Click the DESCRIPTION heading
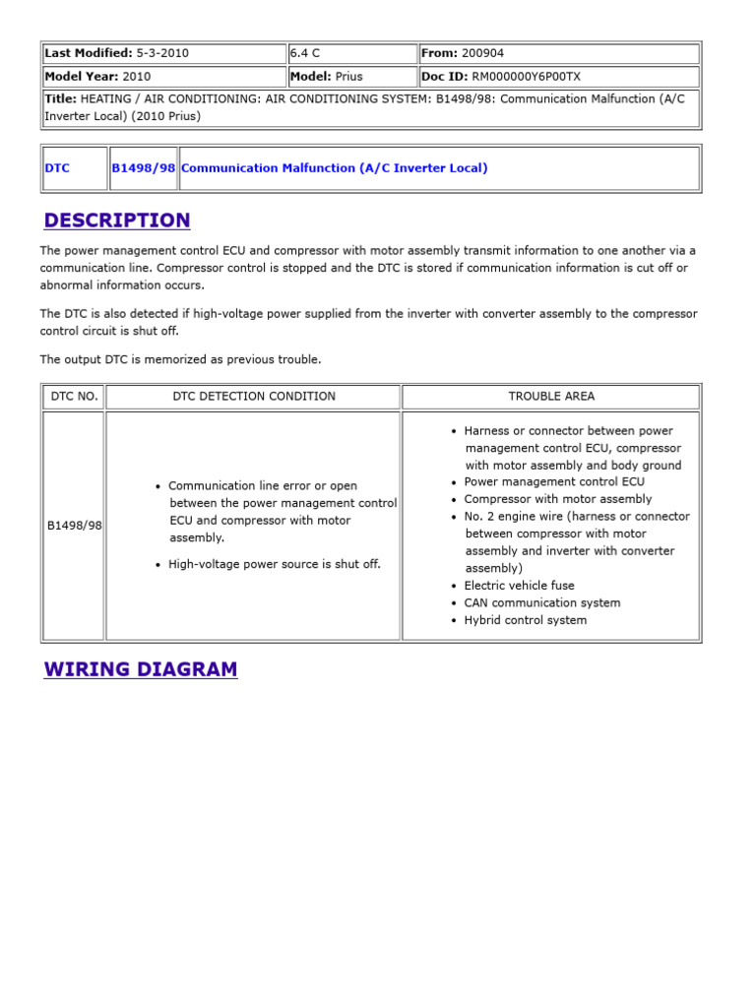pos(117,220)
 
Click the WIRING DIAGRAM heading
pos(141,669)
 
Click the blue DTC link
pos(57,168)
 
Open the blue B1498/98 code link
pos(143,168)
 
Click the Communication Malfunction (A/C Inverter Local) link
pos(335,168)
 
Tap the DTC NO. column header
pos(73,397)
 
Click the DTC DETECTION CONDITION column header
pos(254,397)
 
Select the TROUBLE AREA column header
pos(551,397)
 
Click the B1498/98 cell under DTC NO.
pos(74,526)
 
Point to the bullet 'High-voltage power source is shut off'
pos(274,564)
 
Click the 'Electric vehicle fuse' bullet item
pos(519,586)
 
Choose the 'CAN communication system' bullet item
pos(541,602)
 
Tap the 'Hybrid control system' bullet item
pos(525,620)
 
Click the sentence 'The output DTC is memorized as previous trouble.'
pos(180,359)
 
